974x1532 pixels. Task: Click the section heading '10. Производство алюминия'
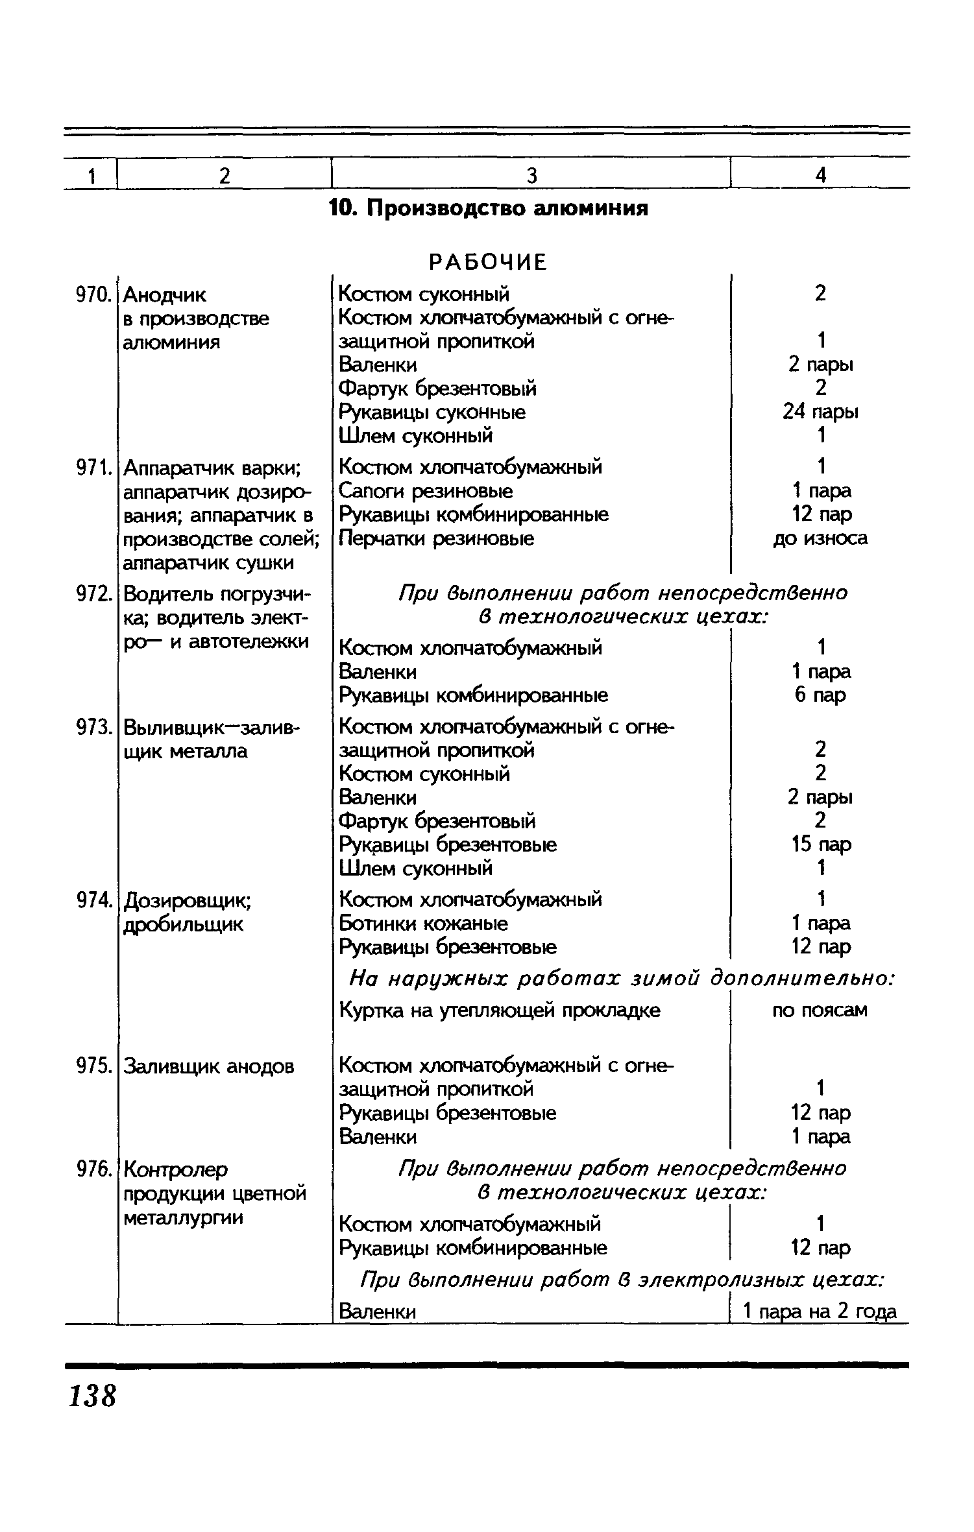coord(489,209)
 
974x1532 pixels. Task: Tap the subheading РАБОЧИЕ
coord(489,262)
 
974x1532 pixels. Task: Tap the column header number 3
coord(531,175)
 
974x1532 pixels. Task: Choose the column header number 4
coord(821,175)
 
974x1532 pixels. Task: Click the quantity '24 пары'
coord(821,412)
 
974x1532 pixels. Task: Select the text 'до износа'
coord(821,538)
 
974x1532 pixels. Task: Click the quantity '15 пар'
coord(821,844)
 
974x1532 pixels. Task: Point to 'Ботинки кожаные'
coord(424,923)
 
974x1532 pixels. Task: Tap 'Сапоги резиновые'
coord(426,491)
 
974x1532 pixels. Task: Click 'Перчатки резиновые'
coord(437,538)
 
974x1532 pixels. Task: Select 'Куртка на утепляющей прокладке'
coord(500,1010)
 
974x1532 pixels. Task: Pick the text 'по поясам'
coord(820,1010)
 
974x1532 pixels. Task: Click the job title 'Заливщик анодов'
coord(209,1066)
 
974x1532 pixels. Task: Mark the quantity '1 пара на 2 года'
coord(820,1311)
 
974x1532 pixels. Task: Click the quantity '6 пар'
coord(821,695)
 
